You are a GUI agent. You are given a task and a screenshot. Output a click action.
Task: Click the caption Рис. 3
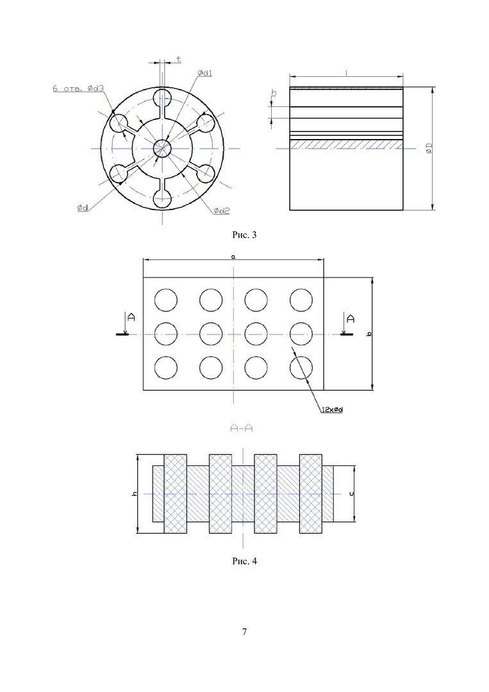(x=244, y=235)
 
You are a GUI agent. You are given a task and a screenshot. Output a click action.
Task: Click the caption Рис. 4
(x=244, y=561)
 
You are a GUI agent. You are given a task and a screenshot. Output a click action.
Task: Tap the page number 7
(x=244, y=632)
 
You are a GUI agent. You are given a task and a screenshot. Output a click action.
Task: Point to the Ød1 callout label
(x=205, y=74)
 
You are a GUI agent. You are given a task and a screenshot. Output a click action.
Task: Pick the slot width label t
(x=178, y=59)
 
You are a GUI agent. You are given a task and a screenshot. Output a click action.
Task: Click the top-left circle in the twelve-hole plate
(x=165, y=299)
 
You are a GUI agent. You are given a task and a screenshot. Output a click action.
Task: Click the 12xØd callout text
(x=333, y=410)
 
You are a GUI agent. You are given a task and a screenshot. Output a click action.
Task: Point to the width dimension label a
(x=233, y=256)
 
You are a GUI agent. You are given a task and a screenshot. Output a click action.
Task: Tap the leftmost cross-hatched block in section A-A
(x=176, y=493)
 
